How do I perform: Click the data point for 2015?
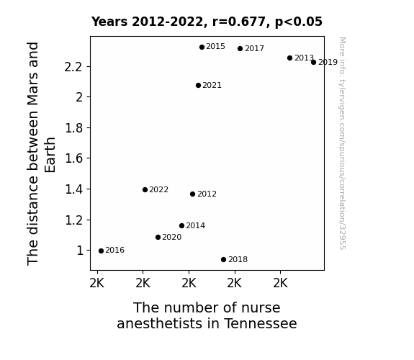click(x=202, y=48)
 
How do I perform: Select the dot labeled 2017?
click(x=240, y=48)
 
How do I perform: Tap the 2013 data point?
click(x=289, y=58)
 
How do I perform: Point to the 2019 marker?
click(x=313, y=63)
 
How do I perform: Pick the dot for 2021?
click(x=198, y=85)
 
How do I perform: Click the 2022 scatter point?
click(x=145, y=189)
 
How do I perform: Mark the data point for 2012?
click(x=192, y=194)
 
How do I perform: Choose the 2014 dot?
click(x=181, y=225)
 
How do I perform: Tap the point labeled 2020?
click(x=158, y=237)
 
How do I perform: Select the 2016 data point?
click(x=101, y=251)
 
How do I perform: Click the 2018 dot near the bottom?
click(x=223, y=260)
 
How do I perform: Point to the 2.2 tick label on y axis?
click(x=73, y=67)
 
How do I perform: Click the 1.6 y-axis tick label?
click(x=74, y=158)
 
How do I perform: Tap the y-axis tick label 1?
click(x=80, y=251)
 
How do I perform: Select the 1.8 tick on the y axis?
click(x=74, y=128)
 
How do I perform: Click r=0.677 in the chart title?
click(x=240, y=22)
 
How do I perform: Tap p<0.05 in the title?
click(x=299, y=22)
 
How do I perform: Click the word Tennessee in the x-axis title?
click(x=261, y=323)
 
